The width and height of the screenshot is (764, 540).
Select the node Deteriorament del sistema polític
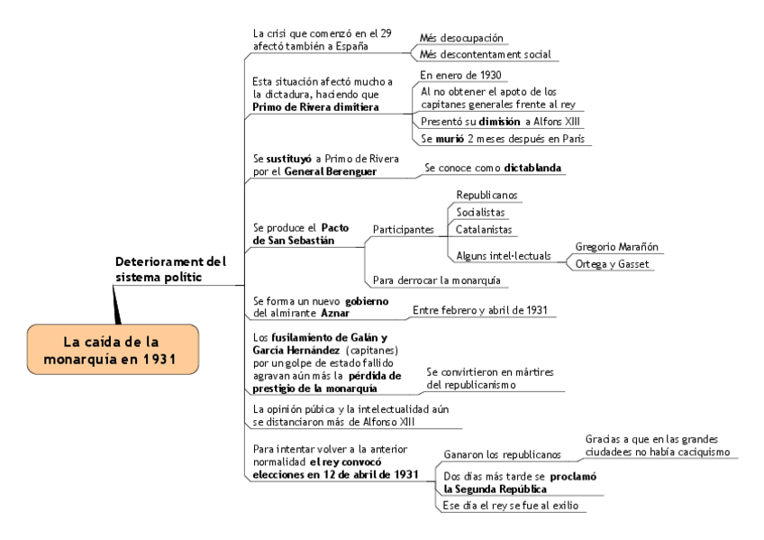(x=170, y=270)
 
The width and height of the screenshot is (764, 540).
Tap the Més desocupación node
(x=461, y=39)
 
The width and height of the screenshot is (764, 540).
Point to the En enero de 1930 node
(x=460, y=75)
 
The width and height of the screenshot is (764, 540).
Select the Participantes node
(x=403, y=229)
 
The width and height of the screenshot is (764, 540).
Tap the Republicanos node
(x=487, y=195)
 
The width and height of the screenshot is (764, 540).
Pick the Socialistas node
(x=482, y=213)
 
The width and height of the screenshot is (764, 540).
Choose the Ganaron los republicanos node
(x=502, y=454)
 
